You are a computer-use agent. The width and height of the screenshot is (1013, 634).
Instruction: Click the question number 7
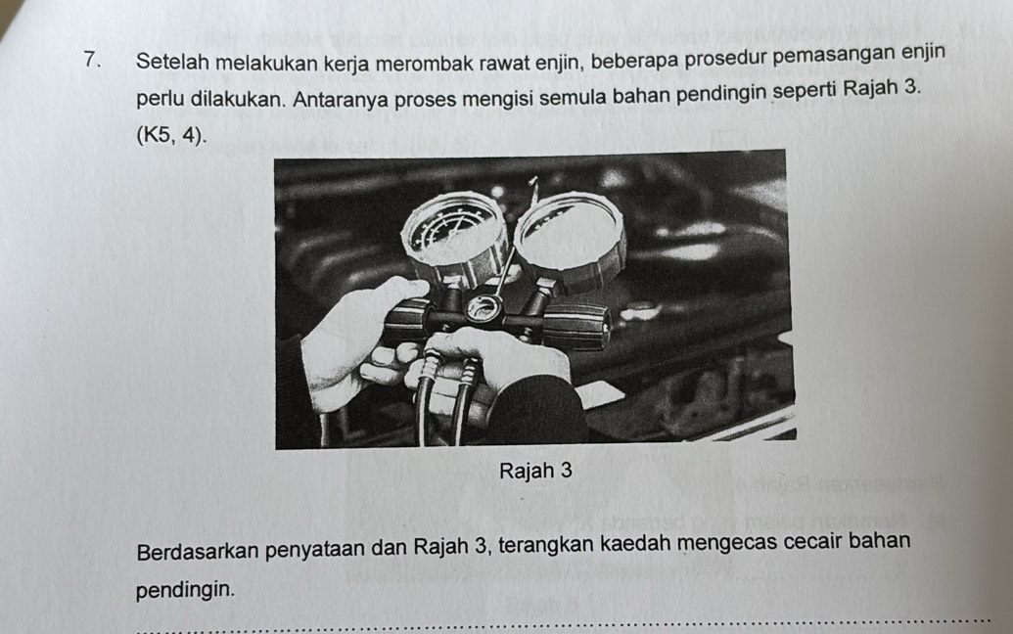tap(92, 60)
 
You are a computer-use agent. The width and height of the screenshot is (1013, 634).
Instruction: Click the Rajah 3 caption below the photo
tap(535, 471)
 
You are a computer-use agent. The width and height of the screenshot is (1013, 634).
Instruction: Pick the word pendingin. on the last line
tap(185, 589)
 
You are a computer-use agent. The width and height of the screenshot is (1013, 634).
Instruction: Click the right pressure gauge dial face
tap(569, 231)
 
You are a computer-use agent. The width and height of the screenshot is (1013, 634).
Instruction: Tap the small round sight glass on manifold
tap(483, 308)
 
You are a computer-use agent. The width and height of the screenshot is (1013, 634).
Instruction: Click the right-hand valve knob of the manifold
tap(576, 327)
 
